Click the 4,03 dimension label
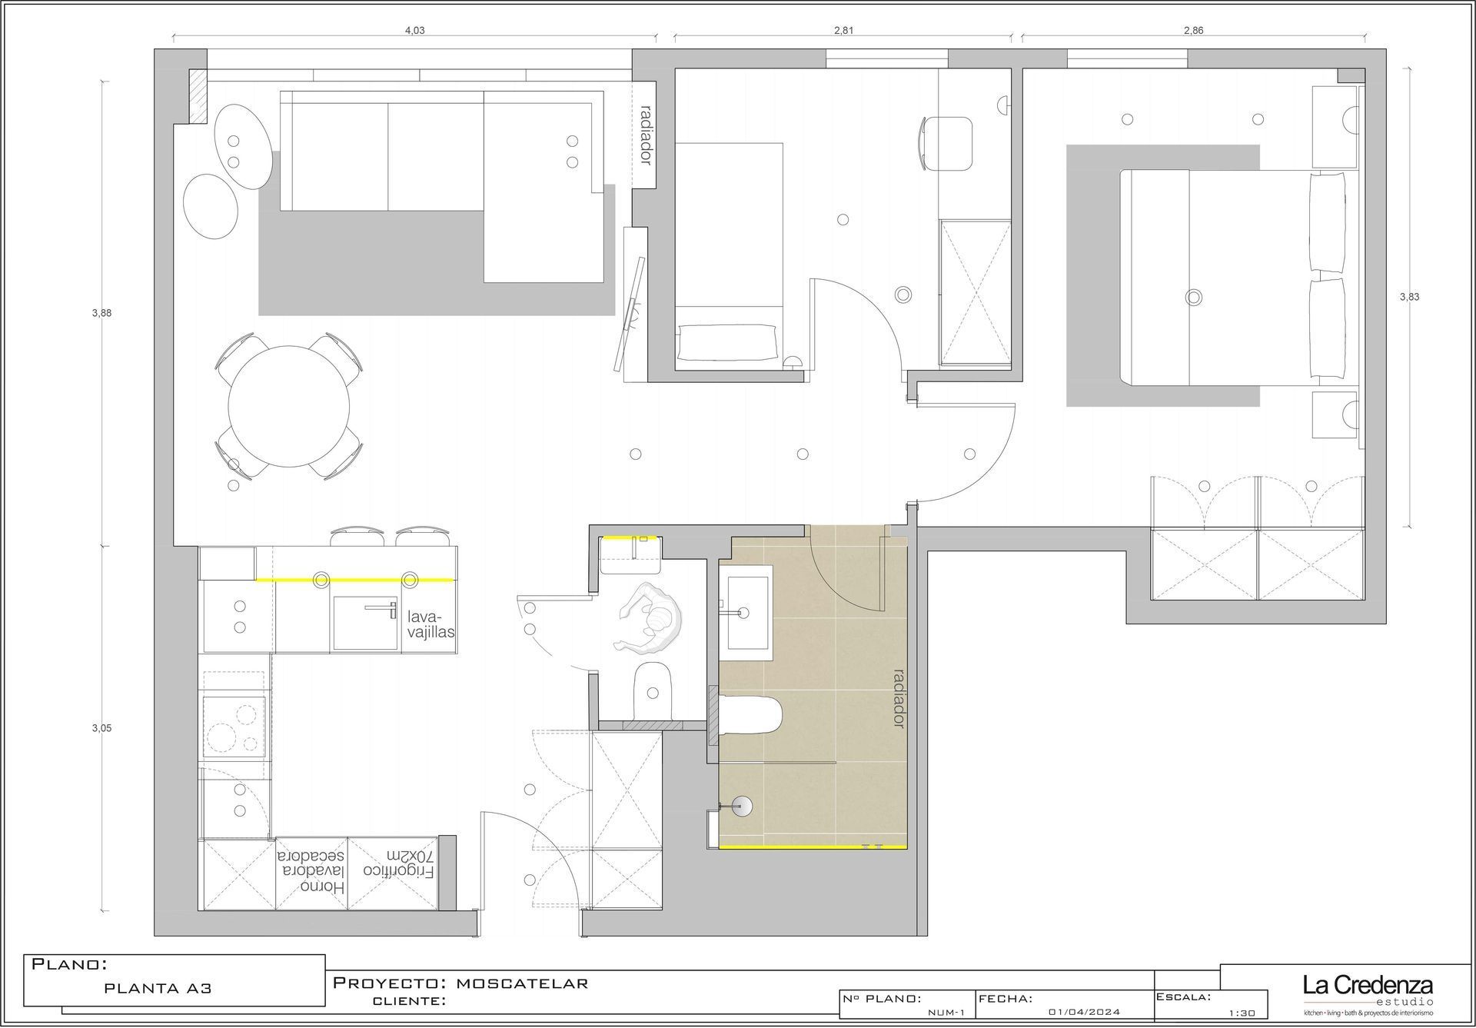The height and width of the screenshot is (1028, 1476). point(414,31)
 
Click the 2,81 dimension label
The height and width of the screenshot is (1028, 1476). point(843,31)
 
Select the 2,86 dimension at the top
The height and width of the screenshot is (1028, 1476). point(1193,31)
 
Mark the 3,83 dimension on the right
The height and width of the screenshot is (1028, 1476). point(1409,297)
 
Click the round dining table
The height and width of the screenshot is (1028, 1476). point(290,406)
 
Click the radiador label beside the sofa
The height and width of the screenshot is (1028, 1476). point(646,135)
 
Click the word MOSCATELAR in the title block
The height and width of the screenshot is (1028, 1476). point(523,983)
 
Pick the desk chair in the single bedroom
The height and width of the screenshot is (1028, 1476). point(946,143)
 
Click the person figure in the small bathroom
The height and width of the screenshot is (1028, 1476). point(650,616)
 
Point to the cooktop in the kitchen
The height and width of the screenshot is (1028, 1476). point(235,727)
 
